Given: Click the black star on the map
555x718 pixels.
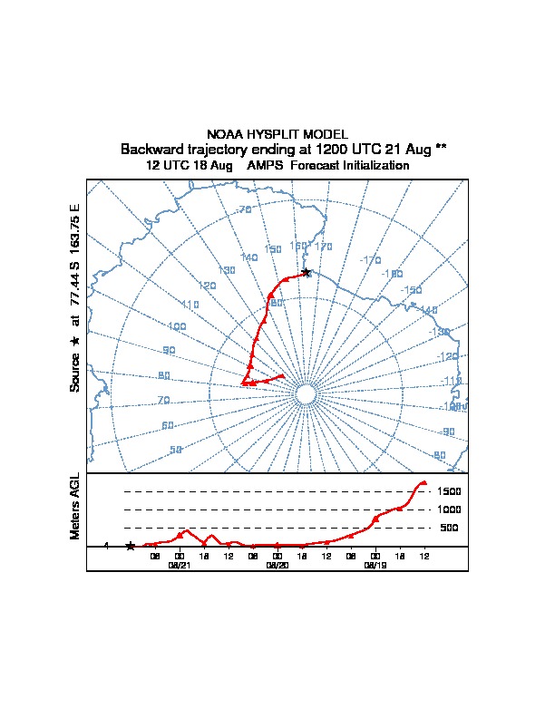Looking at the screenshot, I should click(307, 272).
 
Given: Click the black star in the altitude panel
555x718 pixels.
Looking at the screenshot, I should click(131, 546).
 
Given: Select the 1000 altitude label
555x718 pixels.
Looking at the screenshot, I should click(450, 509).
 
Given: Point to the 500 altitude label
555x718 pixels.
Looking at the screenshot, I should click(449, 528).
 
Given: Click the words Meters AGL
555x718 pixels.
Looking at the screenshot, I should click(75, 506).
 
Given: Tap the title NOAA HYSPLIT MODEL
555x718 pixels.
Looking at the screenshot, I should click(277, 134).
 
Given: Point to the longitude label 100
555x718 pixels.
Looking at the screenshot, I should click(177, 326).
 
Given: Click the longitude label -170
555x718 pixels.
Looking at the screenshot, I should click(370, 260).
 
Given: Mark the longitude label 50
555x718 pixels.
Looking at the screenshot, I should click(176, 450).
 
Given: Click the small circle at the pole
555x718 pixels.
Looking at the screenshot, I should click(307, 395).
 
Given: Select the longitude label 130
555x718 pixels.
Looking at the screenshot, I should click(227, 270).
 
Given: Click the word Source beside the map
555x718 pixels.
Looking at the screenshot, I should click(75, 373).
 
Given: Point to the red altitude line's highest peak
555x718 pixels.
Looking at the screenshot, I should click(423, 482).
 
